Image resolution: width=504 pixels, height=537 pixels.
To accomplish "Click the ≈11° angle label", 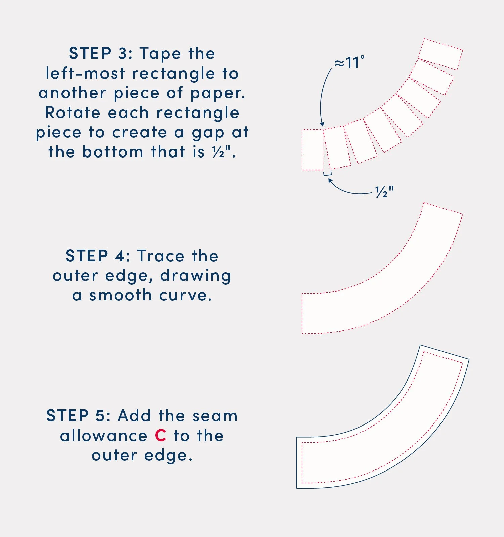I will [x=349, y=62].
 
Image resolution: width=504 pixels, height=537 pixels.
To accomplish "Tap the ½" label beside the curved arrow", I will [x=384, y=192].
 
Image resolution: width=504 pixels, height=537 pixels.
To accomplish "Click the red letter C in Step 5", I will [x=161, y=436].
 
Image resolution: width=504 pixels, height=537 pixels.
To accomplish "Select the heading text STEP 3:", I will [x=100, y=54].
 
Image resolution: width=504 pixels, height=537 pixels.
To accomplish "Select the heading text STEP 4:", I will [x=98, y=256].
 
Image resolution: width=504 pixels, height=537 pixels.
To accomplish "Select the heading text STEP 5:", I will [x=78, y=416].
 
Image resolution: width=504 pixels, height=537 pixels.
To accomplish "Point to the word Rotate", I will [x=73, y=113].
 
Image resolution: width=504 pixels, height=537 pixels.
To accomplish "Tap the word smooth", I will [x=120, y=296].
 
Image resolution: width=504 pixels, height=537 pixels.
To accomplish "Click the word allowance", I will [x=104, y=436].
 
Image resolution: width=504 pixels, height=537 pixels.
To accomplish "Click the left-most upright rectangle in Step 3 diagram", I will [x=312, y=150].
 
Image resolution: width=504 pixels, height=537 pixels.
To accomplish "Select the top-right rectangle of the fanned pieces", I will [x=440, y=54].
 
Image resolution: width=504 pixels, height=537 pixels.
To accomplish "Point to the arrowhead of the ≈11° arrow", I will [x=322, y=124].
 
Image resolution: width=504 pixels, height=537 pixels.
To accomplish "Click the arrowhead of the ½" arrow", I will [x=330, y=181].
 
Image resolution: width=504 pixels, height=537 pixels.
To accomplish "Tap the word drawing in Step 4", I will [x=196, y=276].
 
